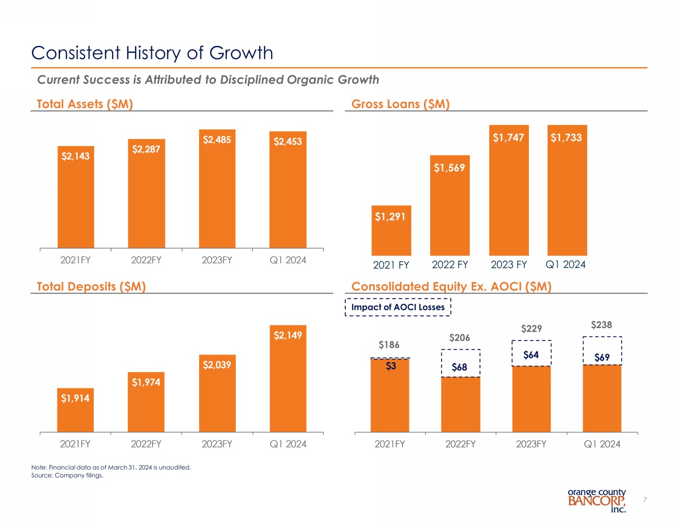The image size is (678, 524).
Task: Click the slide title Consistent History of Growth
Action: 152,53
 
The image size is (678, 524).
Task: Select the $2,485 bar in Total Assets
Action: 217,189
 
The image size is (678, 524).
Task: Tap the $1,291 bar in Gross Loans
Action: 391,230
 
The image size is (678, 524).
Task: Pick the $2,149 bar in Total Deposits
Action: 288,379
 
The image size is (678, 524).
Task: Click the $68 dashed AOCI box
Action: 460,363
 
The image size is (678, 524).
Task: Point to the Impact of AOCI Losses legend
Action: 398,307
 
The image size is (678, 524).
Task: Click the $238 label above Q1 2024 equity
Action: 601,325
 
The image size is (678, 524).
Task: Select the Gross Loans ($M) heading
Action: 401,104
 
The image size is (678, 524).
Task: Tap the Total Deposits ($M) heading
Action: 91,286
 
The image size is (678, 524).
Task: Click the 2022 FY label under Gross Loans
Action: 450,265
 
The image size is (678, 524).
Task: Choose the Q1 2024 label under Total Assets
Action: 288,260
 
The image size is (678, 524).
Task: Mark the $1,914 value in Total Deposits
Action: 75,398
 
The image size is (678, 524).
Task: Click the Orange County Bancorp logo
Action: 597,500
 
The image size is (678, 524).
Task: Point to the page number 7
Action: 645,500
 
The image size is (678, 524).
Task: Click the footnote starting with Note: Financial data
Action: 111,467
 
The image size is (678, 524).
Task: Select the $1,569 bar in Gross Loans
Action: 450,205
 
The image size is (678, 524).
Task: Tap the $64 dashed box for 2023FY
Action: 531,354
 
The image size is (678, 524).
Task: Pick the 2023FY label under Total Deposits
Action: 217,444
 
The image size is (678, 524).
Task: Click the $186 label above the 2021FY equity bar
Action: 389,345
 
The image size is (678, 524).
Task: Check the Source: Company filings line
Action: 67,475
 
